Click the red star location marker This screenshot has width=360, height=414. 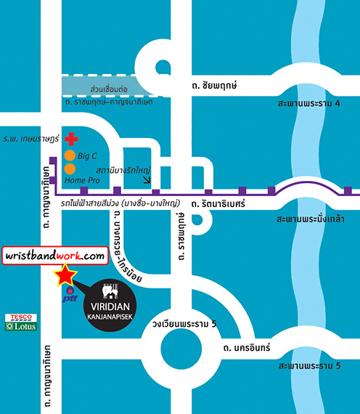tap(65, 275)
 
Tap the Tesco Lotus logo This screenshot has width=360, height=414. tap(21, 322)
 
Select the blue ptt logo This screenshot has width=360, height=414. tap(70, 294)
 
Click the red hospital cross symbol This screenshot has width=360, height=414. tap(71, 139)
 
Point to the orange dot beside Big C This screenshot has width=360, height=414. tap(70, 155)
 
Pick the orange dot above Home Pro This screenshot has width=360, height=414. tap(70, 169)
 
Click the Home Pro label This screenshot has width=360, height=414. tap(82, 180)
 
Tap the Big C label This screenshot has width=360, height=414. tap(87, 156)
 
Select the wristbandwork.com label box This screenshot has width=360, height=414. tap(55, 256)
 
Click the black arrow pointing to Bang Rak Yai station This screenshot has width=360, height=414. tap(147, 180)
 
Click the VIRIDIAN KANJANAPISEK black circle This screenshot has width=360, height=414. tap(110, 305)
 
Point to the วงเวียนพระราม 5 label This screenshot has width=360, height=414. tap(184, 324)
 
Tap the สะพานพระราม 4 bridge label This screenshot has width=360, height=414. tap(308, 103)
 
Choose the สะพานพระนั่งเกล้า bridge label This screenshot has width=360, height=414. tap(311, 219)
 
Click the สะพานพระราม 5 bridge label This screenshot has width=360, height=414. tap(310, 366)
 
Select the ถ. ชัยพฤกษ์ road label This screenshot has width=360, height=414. tap(214, 86)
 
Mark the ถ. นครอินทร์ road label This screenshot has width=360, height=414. tap(247, 348)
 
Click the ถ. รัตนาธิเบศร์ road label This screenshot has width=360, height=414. tap(218, 204)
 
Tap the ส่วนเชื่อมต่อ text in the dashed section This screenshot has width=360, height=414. tap(109, 89)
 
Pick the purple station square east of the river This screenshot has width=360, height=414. tap(348, 190)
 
